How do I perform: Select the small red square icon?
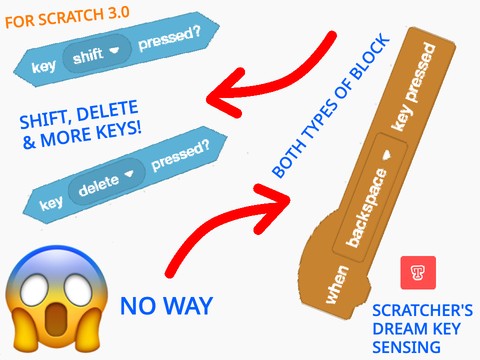coord(412,272)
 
